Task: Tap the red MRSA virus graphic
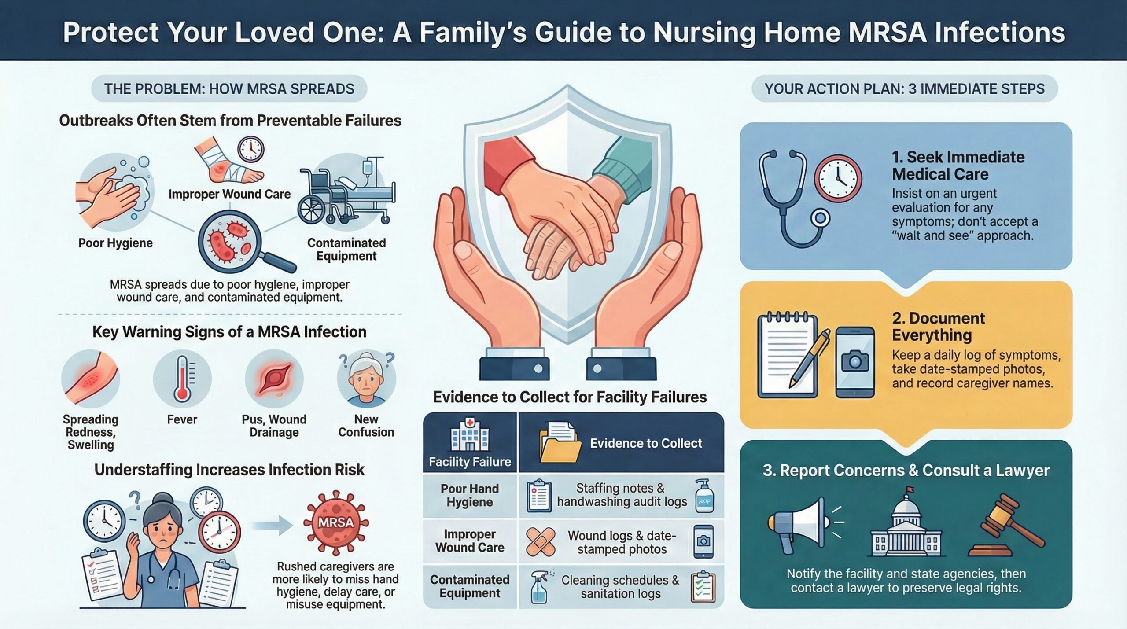tap(335, 523)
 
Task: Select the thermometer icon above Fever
tap(182, 379)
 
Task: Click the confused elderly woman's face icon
tap(366, 379)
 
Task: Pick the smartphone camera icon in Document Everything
tap(855, 362)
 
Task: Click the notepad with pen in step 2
tap(790, 357)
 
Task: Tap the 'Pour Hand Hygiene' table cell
tap(470, 496)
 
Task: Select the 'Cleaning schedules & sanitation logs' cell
tap(621, 587)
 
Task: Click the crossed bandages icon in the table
tap(540, 542)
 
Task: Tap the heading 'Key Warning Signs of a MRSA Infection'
tap(229, 332)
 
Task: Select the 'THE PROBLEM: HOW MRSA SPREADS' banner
tap(229, 89)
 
